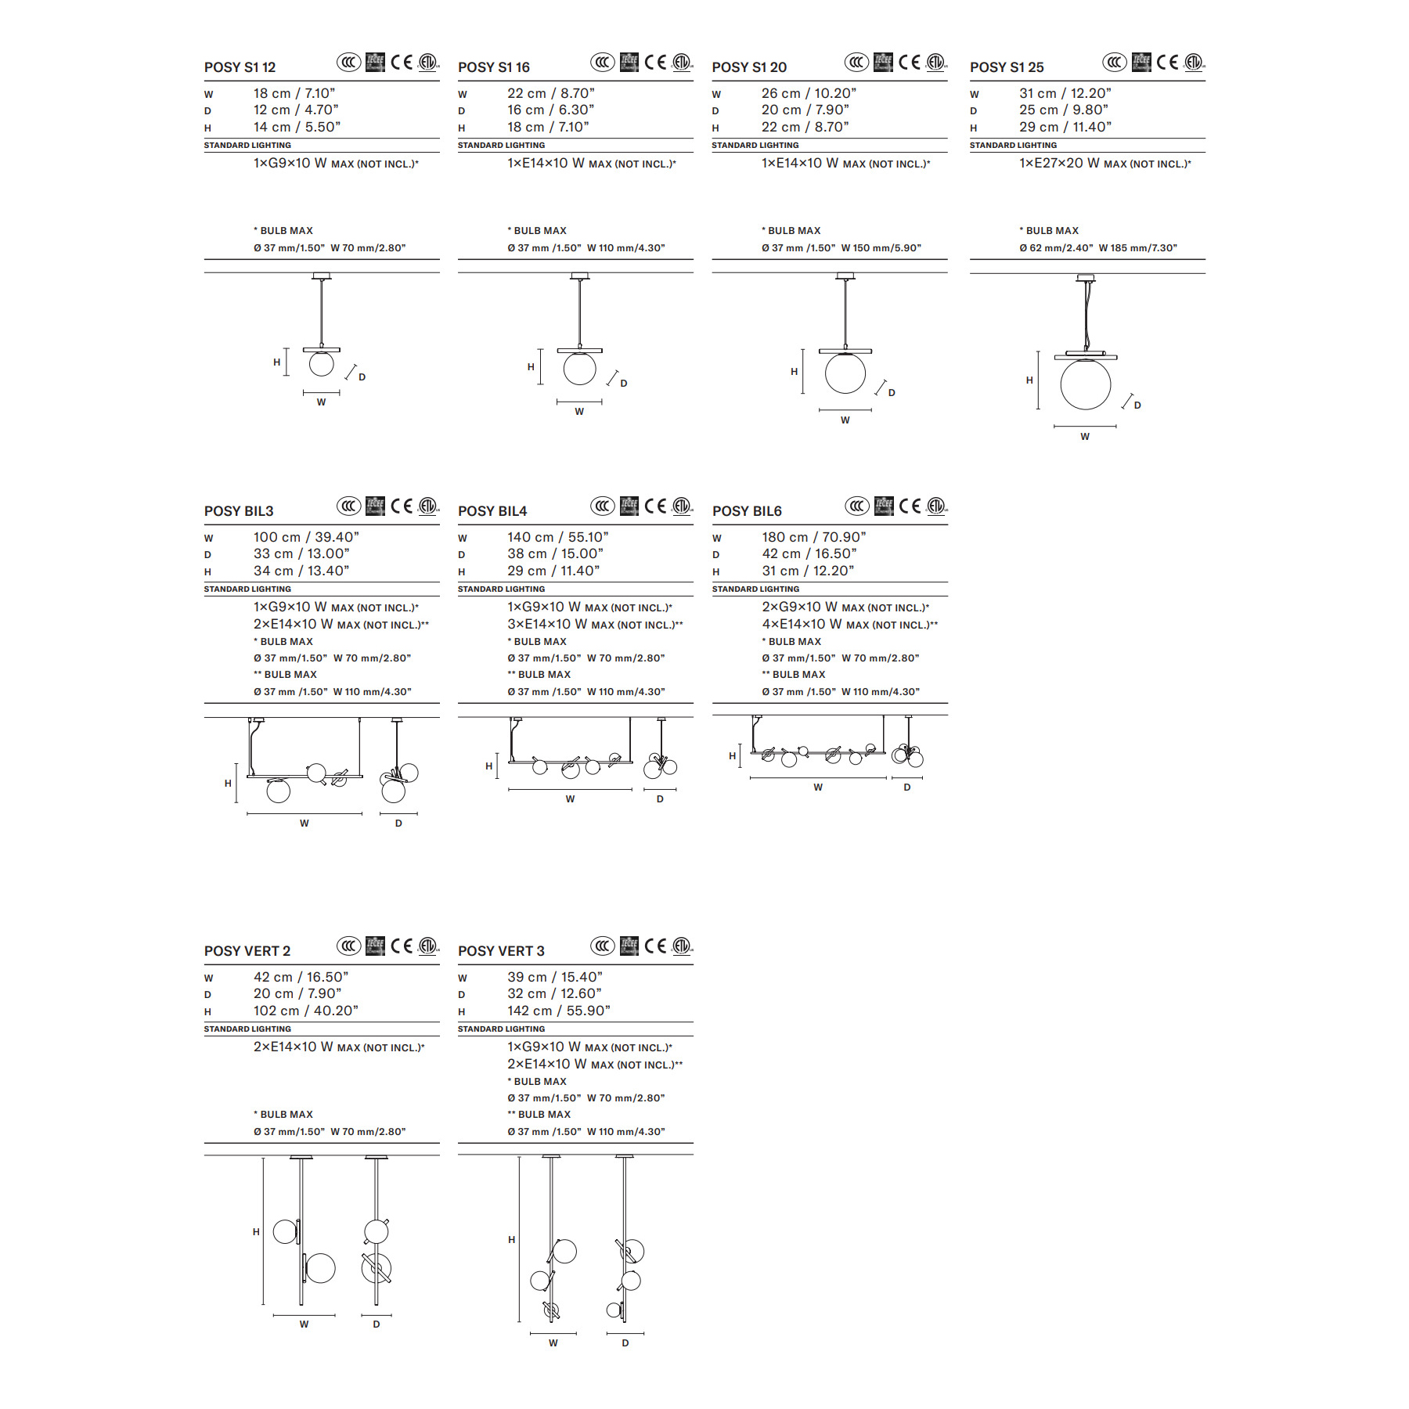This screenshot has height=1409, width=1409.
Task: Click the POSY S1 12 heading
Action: click(x=240, y=67)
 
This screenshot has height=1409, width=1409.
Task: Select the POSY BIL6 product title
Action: click(x=747, y=511)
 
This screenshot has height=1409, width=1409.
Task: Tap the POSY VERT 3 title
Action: click(x=501, y=951)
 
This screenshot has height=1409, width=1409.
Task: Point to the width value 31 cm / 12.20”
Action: click(x=1065, y=93)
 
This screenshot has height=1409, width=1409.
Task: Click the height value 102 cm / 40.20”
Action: click(x=305, y=1011)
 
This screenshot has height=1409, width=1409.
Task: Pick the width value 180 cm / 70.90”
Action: click(x=813, y=537)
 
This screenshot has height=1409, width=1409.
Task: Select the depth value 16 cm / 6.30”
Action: click(x=550, y=110)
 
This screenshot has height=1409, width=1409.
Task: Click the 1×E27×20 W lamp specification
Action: click(x=1104, y=163)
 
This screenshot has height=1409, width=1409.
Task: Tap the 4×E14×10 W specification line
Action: click(x=849, y=624)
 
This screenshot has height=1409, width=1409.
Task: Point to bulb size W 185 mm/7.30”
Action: click(x=1137, y=248)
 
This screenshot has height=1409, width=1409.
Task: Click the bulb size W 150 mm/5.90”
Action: click(x=881, y=248)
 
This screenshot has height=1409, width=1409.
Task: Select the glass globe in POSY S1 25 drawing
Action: click(x=1085, y=384)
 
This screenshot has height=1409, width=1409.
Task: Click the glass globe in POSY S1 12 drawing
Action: click(x=321, y=363)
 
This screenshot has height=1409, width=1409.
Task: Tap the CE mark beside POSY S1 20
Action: click(x=909, y=62)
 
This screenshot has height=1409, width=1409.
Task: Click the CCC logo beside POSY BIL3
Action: click(x=349, y=506)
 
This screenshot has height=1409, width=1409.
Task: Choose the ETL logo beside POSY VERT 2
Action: click(x=428, y=946)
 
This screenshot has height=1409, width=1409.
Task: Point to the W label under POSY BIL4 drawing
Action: click(x=570, y=799)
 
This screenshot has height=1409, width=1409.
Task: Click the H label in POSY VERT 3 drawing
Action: click(x=511, y=1240)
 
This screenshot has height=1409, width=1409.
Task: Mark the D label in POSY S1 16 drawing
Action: click(x=624, y=384)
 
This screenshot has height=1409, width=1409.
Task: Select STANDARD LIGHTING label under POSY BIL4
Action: click(x=501, y=589)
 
